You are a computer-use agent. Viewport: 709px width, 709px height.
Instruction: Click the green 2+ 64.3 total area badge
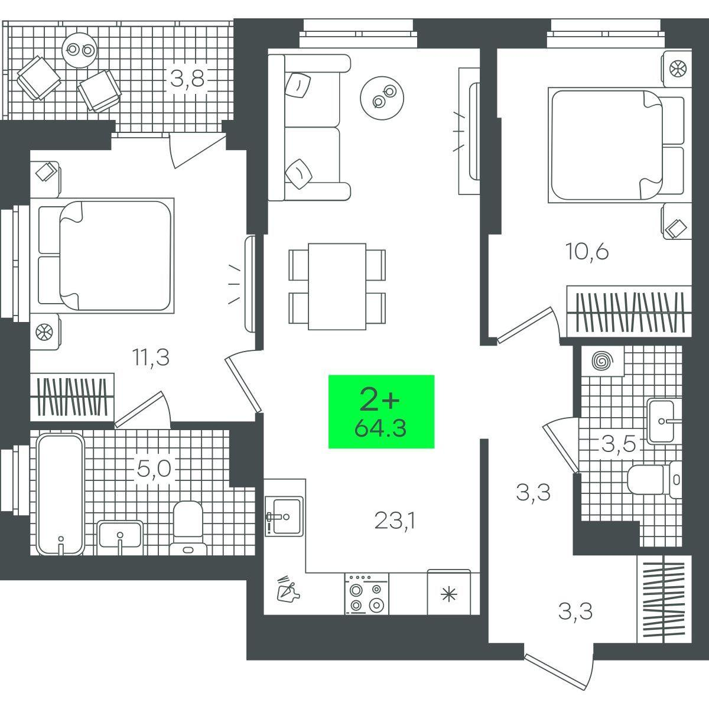click(381, 411)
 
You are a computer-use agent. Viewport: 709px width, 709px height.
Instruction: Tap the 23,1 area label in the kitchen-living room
click(395, 521)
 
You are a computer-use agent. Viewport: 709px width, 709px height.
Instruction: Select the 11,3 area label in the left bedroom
click(151, 357)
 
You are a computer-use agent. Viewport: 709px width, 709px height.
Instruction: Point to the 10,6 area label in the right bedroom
click(587, 252)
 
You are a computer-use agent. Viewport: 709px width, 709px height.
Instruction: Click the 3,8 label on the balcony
click(187, 79)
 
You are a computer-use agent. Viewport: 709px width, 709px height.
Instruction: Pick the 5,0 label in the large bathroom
click(154, 469)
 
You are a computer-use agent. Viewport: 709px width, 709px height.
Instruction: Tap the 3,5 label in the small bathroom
click(618, 444)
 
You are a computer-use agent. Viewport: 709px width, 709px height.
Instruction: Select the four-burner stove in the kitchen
click(366, 593)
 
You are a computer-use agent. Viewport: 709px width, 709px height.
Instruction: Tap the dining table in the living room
click(337, 286)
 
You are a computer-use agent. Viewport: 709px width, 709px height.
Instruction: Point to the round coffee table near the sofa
click(382, 98)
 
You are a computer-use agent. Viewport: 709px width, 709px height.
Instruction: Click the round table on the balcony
click(80, 50)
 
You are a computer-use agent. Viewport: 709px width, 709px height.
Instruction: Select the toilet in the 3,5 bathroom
click(654, 479)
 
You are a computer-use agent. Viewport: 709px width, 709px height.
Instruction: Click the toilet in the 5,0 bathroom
click(188, 527)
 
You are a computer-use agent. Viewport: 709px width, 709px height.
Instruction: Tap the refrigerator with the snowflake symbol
click(449, 592)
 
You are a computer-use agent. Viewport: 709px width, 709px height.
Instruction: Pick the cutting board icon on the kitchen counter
click(288, 589)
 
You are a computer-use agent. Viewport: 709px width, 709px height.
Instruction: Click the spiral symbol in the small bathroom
click(603, 361)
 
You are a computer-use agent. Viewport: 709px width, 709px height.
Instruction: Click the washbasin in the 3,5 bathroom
click(663, 421)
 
